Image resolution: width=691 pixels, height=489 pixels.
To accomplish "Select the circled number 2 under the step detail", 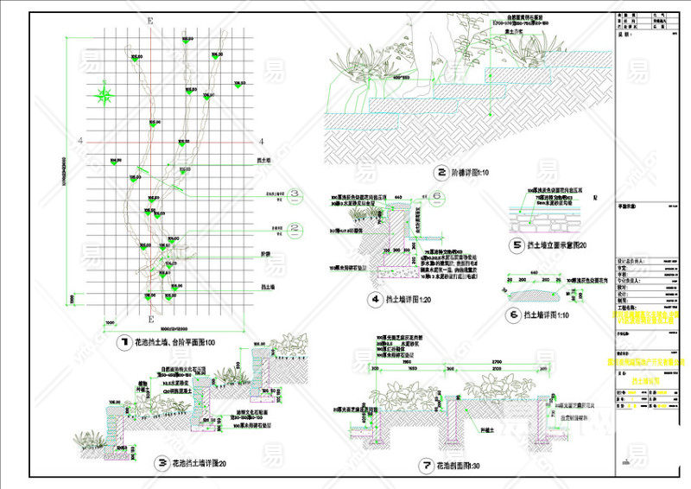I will tap(441, 172).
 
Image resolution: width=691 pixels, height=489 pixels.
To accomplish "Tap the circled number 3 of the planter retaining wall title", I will tap(162, 463).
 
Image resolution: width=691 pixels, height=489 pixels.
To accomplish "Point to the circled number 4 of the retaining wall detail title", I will tap(375, 300).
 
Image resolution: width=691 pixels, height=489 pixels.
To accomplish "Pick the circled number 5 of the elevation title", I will tap(516, 245).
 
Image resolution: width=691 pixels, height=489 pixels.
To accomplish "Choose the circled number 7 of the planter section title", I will tap(426, 466).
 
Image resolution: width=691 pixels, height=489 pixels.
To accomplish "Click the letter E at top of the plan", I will tap(150, 20).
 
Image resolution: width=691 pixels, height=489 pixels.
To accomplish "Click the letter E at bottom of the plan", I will tap(150, 295).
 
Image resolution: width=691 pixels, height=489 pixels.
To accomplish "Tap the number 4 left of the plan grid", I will tap(79, 141).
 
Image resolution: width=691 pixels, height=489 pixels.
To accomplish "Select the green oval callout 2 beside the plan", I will tap(294, 229).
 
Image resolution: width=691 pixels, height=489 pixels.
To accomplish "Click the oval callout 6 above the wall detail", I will tap(437, 196).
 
